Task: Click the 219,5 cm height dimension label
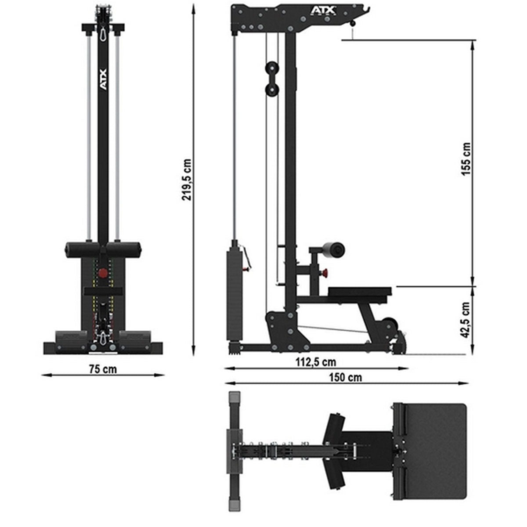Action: pos(188,180)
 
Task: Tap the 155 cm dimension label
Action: pos(466,159)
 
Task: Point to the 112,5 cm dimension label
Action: pos(315,362)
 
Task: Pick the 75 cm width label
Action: pos(103,369)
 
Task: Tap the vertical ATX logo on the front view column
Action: pos(103,80)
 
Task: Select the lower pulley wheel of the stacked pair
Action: pos(271,90)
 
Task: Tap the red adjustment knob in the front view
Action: pos(103,273)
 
